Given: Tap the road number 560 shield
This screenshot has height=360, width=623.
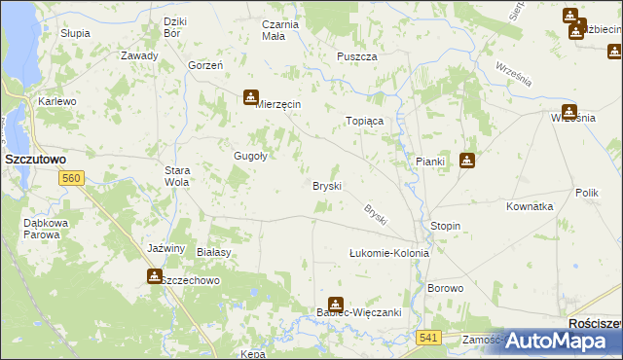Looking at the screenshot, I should pyautogui.click(x=70, y=178).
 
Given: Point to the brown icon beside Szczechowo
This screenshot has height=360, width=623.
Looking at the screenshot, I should pyautogui.click(x=155, y=276).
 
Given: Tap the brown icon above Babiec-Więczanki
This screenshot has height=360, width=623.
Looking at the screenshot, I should pyautogui.click(x=336, y=304).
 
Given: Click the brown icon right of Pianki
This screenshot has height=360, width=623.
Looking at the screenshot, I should pyautogui.click(x=467, y=161).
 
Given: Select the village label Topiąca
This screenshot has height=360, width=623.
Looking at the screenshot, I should pyautogui.click(x=366, y=121).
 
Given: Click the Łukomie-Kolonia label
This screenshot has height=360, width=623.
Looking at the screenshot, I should pyautogui.click(x=389, y=253).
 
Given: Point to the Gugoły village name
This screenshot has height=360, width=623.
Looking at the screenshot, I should pyautogui.click(x=250, y=156).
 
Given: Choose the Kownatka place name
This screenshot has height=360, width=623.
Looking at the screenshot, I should pyautogui.click(x=530, y=206).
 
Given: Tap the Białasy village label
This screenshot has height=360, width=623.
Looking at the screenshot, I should pyautogui.click(x=213, y=251).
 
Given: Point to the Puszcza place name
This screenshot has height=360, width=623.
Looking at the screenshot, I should pyautogui.click(x=356, y=56).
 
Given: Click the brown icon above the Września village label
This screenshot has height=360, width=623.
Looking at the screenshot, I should pyautogui.click(x=569, y=111).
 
